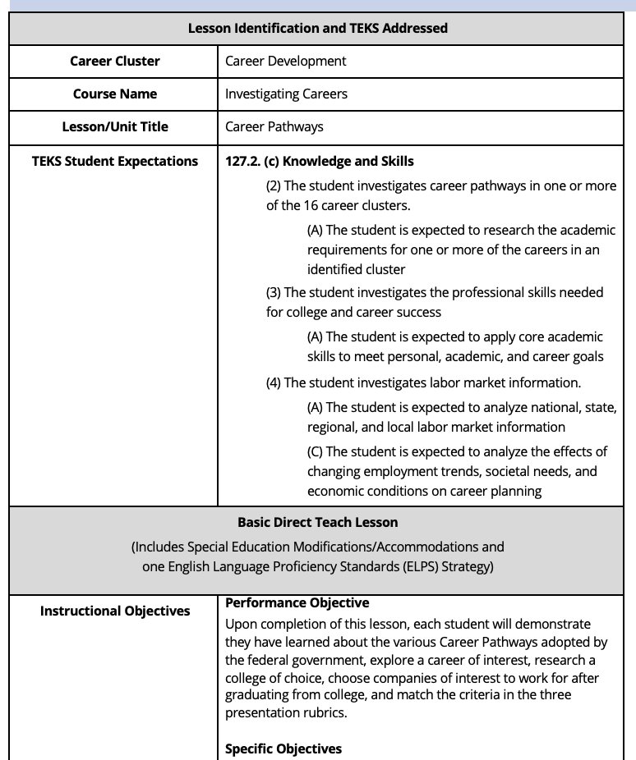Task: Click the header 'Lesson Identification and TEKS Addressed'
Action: click(318, 28)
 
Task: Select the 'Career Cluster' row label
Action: click(115, 61)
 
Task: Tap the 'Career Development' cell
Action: click(285, 61)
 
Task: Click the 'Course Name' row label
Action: click(115, 94)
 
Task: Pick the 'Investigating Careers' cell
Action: click(286, 94)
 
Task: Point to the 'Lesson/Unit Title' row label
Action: click(115, 126)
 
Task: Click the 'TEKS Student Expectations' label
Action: click(115, 161)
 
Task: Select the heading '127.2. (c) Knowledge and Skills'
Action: click(319, 161)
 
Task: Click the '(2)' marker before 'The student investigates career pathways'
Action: click(274, 185)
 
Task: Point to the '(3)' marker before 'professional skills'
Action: click(274, 292)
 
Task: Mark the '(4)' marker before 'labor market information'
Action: click(274, 382)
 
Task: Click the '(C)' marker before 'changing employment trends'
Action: click(316, 451)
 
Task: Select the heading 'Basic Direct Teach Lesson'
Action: click(318, 522)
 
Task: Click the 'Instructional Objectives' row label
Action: click(115, 611)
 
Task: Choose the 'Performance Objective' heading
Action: click(286, 602)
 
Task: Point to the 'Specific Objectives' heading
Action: click(283, 749)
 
